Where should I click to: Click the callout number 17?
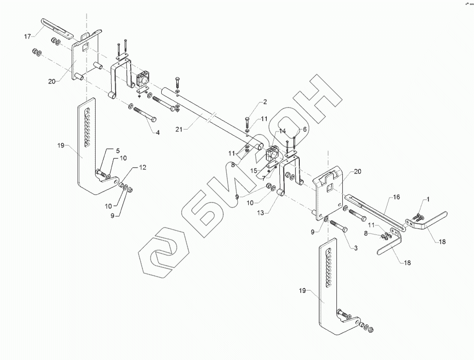28,36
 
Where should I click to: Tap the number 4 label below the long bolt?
158,132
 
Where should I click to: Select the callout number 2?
265,102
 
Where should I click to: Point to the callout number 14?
282,131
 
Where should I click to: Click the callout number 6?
303,129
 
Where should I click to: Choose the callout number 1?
428,200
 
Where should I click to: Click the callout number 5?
118,150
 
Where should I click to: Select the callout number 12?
143,168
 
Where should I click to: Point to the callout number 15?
254,171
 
